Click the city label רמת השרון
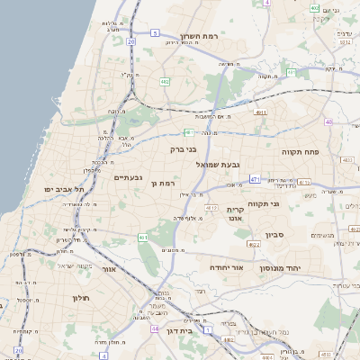(200, 38)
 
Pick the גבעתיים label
(128, 177)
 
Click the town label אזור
(109, 268)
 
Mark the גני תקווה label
(263, 203)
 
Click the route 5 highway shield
(155, 33)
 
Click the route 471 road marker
(255, 179)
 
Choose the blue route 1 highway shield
(206, 330)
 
